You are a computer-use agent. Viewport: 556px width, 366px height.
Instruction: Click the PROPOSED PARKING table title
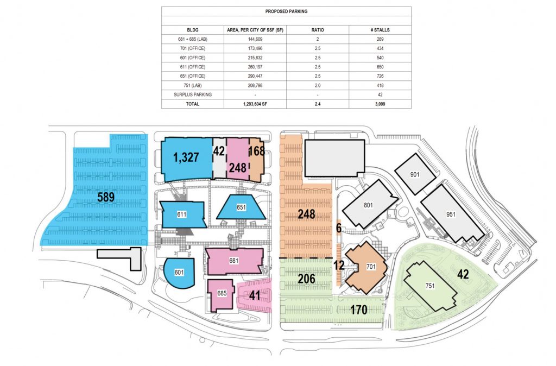286,11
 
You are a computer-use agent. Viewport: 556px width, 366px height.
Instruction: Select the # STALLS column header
380,30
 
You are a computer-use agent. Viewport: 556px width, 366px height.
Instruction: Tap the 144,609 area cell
255,39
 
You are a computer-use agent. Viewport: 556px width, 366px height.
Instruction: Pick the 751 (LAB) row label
193,85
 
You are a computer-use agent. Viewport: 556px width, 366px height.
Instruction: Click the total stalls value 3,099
380,104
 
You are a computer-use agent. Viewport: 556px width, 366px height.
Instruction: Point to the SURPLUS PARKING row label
193,94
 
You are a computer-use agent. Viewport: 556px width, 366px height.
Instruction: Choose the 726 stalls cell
380,76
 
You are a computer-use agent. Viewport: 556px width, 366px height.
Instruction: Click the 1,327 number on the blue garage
186,157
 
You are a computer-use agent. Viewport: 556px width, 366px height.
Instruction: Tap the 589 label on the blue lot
106,197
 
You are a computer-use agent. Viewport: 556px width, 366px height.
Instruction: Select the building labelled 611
182,214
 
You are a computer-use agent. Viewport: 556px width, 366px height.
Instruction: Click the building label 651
241,207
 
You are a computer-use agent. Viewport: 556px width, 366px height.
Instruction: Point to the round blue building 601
180,272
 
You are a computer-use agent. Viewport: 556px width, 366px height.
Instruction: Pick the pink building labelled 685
221,295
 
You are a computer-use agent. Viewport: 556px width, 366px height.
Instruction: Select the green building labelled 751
430,286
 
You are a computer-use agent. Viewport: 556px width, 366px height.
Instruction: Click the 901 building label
414,174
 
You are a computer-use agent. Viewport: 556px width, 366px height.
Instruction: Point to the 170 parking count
358,310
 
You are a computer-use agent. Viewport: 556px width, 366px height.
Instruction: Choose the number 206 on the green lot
306,279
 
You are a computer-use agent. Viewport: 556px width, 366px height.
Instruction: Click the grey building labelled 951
452,214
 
